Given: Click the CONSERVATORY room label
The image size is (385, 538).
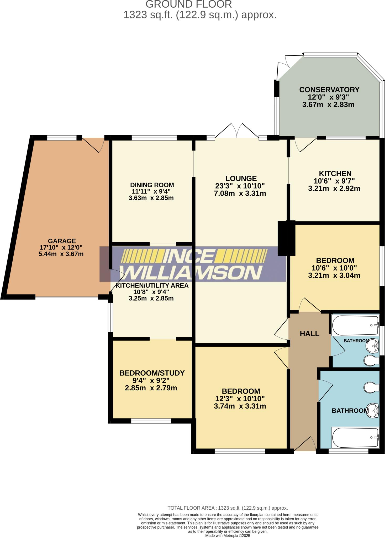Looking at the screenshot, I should (329, 90).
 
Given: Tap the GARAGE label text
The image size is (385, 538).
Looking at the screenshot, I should (62, 241).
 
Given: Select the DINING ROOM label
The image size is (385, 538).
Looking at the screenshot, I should (152, 185).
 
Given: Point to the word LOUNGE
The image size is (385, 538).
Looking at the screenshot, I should (241, 179).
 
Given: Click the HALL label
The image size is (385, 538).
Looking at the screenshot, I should (309, 334).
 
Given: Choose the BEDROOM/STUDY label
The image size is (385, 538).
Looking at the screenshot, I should (152, 373).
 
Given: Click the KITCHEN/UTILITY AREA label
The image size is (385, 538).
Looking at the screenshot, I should (152, 286).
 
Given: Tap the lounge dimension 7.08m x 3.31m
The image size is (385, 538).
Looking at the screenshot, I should (240, 194).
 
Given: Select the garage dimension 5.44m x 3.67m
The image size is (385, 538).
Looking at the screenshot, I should (61, 254).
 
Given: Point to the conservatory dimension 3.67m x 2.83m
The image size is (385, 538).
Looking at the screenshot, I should (328, 105).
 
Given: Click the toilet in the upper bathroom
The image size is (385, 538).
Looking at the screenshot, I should (371, 361).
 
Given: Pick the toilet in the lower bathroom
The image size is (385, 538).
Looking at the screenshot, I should (371, 387).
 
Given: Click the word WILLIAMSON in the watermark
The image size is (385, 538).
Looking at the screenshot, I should (192, 273).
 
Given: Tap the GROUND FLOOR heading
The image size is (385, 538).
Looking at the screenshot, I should (189, 4).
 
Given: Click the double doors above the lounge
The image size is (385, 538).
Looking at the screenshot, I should (237, 131).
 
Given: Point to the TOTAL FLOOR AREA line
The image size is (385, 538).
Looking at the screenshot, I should (228, 508).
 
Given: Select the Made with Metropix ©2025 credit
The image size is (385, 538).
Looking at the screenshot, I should (228, 535).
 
